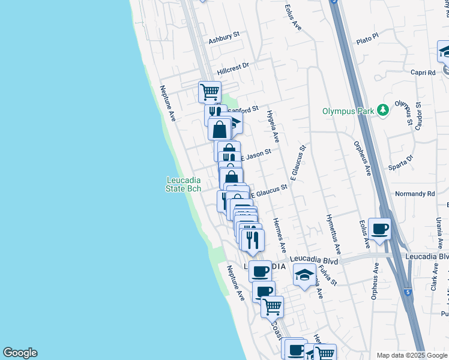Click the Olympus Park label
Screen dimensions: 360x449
coord(348,111)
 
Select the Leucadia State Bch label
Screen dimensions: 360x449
coord(183,184)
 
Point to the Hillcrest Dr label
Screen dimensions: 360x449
coord(233,68)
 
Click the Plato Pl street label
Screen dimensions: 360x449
coord(367,38)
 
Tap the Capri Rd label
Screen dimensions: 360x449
coord(423,73)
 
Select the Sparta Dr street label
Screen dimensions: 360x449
coord(402,163)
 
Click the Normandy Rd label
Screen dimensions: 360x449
coord(415,194)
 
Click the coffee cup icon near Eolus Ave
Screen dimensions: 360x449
coord(379,229)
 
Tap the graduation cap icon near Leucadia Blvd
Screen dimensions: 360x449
coord(305,275)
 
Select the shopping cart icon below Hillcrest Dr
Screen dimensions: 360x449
coord(209,92)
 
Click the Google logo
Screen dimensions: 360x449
coord(20,353)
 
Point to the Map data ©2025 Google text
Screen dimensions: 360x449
coord(411,355)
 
